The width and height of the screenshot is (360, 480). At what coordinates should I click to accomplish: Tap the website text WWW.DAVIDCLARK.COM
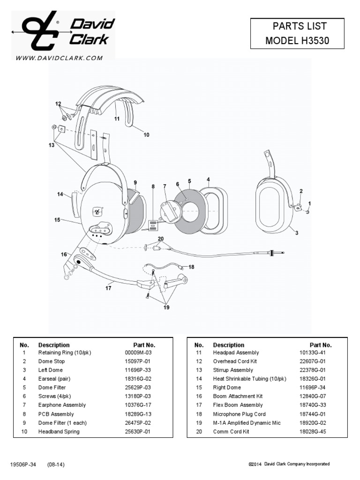pos(59,58)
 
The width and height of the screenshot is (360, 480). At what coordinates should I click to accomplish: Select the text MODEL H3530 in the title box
pos(297,40)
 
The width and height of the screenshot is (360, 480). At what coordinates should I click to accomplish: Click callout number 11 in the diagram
pos(117,119)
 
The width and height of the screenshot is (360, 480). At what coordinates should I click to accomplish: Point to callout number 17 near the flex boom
pos(108,288)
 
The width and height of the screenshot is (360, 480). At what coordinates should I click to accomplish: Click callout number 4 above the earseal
pos(208,179)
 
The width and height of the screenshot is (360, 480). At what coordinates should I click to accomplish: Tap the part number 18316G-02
pos(137,379)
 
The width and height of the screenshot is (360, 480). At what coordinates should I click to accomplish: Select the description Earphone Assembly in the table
pos(62,405)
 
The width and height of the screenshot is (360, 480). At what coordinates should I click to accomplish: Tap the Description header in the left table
pos(54,345)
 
